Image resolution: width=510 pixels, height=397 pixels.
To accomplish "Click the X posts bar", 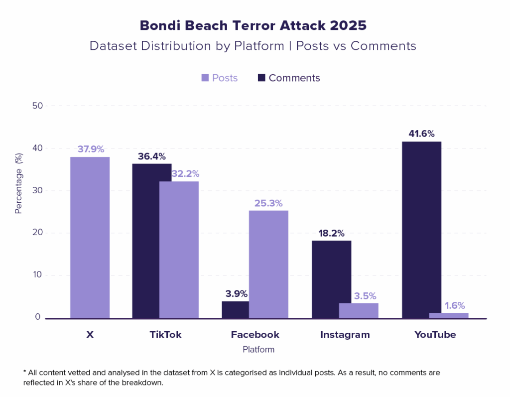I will click(x=90, y=237).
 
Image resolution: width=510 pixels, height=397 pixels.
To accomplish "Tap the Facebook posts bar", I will click(x=268, y=264).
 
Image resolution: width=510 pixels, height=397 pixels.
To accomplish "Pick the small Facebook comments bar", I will click(x=235, y=309).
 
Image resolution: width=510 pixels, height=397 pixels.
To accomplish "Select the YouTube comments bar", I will click(x=421, y=230).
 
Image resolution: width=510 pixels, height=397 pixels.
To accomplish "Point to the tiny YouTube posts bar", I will click(x=448, y=315).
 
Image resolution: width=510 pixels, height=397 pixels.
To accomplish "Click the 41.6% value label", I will click(x=421, y=133).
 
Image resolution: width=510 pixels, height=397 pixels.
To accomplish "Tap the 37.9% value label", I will click(x=90, y=149).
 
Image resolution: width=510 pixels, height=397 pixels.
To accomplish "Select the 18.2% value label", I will click(x=331, y=233).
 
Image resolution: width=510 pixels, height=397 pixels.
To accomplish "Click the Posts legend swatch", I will click(x=205, y=78).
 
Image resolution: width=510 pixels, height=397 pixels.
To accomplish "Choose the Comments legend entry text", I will click(x=294, y=78).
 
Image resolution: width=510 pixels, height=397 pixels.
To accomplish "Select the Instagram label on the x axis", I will click(x=345, y=335).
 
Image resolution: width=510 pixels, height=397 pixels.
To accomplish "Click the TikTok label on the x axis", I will click(x=165, y=335).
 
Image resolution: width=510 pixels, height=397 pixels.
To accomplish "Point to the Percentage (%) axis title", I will click(x=19, y=191).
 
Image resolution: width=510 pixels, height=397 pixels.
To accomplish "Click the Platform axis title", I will click(x=258, y=349).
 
